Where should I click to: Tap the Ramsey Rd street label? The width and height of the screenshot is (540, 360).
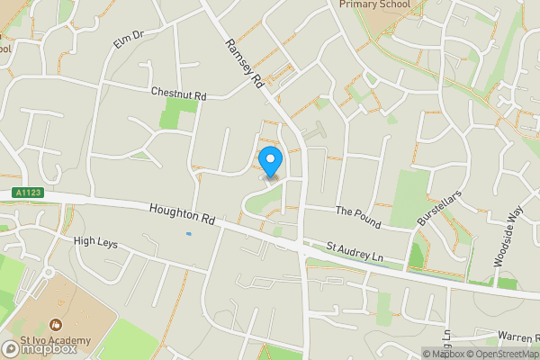[244, 64]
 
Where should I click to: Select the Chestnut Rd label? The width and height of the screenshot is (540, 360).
[179, 93]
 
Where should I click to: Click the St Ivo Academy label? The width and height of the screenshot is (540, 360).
[56, 339]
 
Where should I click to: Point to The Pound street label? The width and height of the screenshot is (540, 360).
[358, 217]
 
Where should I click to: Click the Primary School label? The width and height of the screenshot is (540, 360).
[374, 4]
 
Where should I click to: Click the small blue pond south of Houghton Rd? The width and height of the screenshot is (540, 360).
[188, 235]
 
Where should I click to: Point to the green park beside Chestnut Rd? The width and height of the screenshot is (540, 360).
[180, 113]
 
